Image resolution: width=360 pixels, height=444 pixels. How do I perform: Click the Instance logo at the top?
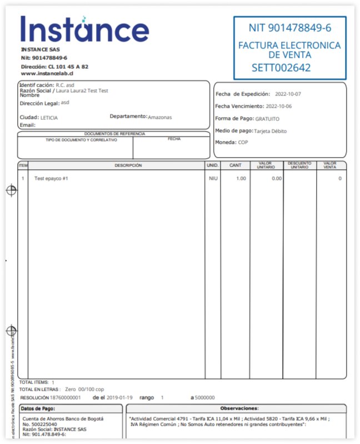pyautogui.click(x=84, y=29)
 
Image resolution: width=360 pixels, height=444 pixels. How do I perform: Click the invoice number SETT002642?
pyautogui.click(x=281, y=68)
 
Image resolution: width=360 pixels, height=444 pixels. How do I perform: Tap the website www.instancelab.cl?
pyautogui.click(x=47, y=73)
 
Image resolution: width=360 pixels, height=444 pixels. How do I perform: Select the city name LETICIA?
pyautogui.click(x=49, y=118)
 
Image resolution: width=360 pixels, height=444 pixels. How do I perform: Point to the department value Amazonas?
pyautogui.click(x=160, y=117)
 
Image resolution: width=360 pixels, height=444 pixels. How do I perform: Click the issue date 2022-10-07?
pyautogui.click(x=288, y=94)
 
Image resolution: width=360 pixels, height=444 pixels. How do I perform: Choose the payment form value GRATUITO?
pyautogui.click(x=267, y=119)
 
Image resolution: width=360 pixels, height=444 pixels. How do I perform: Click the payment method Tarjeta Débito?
pyautogui.click(x=270, y=132)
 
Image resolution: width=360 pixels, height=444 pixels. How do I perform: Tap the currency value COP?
pyautogui.click(x=243, y=143)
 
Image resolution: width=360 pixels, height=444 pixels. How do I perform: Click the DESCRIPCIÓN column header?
pyautogui.click(x=128, y=165)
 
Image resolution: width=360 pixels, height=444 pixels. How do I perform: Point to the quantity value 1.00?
pyautogui.click(x=241, y=179)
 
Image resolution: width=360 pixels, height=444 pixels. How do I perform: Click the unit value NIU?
pyautogui.click(x=213, y=179)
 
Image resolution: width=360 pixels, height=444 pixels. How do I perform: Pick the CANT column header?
pyautogui.click(x=236, y=165)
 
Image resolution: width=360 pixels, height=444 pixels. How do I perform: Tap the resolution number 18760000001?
pyautogui.click(x=66, y=398)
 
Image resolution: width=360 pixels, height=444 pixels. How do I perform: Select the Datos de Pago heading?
pyautogui.click(x=38, y=408)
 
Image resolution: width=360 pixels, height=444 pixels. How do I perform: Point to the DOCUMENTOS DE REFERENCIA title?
pyautogui.click(x=114, y=134)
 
